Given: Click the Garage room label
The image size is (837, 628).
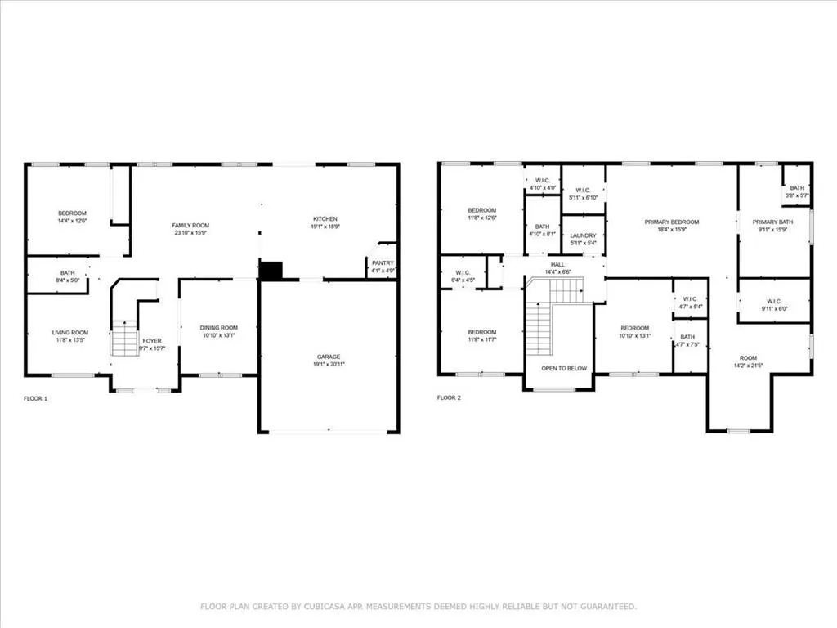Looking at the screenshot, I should tap(329, 357).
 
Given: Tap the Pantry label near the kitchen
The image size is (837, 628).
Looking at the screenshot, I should tap(383, 262).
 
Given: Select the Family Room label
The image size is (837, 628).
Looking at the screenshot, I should tap(190, 225).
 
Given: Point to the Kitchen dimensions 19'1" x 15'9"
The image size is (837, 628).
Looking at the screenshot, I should tap(325, 227).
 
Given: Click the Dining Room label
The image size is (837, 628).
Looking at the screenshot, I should tap(218, 327).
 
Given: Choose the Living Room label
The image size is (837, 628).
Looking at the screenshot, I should tap(70, 332).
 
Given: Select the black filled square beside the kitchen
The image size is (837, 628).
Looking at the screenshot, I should tap(271, 271).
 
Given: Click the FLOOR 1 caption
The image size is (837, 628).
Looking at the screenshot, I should tap(36, 398).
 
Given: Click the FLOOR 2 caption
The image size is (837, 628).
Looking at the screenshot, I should tap(449, 398).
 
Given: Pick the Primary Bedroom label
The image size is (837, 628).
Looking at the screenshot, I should tap(672, 222).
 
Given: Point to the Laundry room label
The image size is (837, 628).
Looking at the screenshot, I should tap(583, 235).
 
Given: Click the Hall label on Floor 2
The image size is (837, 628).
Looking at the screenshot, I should tap(557, 264).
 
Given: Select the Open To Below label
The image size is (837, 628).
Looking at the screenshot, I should tap(564, 369).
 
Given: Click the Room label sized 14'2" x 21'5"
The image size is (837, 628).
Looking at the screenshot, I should tap(749, 358).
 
